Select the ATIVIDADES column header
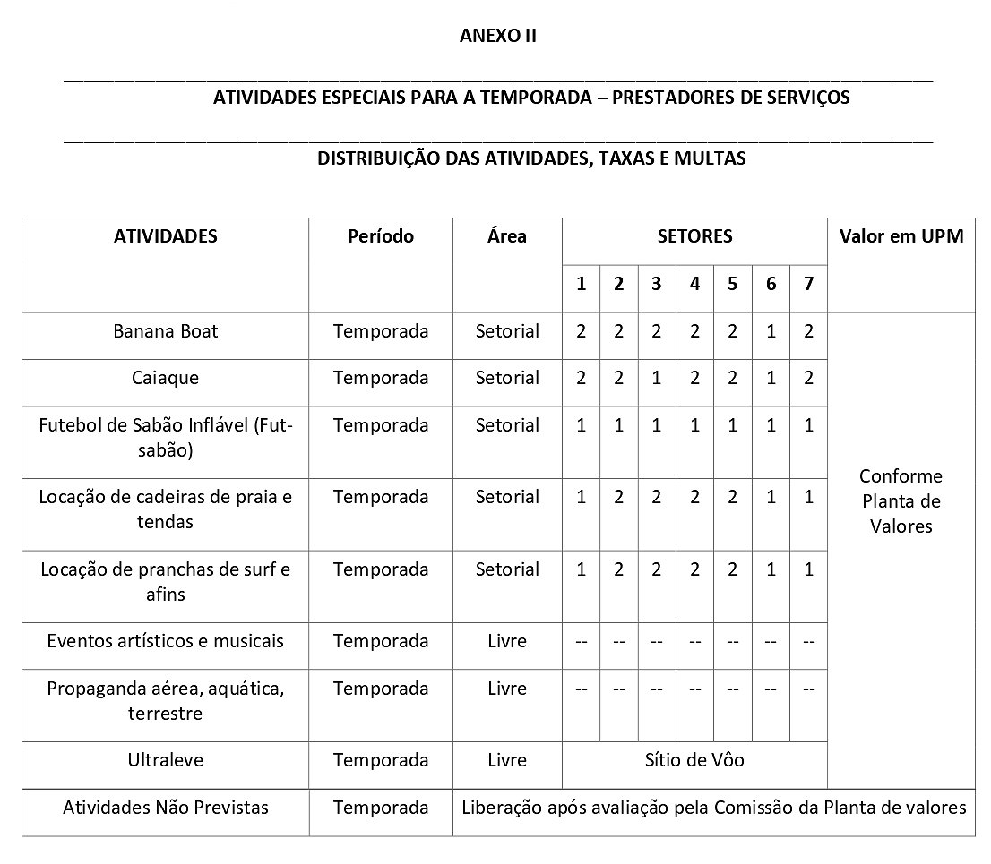click(x=166, y=236)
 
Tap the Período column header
click(x=381, y=236)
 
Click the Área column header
click(x=507, y=236)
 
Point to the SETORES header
click(x=694, y=236)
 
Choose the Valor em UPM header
click(x=901, y=236)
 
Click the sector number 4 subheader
click(x=695, y=284)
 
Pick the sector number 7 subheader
click(x=808, y=284)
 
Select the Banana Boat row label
click(x=166, y=331)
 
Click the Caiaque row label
click(x=166, y=378)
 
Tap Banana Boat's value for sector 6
click(x=771, y=331)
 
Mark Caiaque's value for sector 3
click(x=657, y=378)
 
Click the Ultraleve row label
click(x=166, y=760)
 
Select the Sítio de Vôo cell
click(x=694, y=760)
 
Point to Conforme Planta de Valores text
click(x=901, y=500)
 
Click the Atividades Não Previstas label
click(x=166, y=808)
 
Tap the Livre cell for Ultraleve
click(x=507, y=760)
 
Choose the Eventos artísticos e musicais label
click(x=166, y=641)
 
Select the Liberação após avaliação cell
click(x=713, y=808)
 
